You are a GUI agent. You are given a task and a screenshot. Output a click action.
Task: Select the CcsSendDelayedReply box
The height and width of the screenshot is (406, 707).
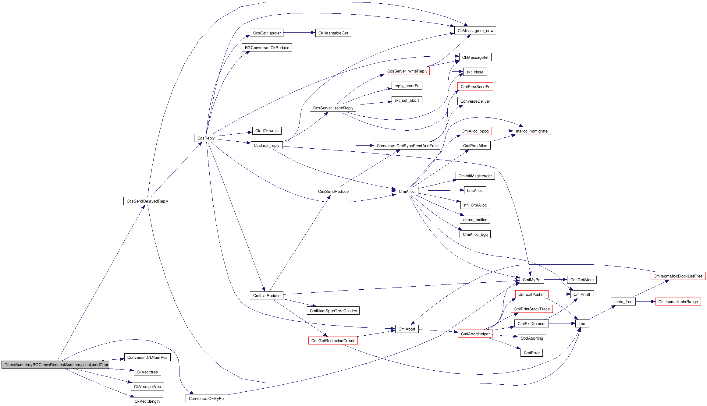click(x=147, y=201)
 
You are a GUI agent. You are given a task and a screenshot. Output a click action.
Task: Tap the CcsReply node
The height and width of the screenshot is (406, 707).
click(x=206, y=138)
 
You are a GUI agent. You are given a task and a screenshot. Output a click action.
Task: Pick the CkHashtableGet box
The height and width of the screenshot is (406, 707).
click(x=333, y=33)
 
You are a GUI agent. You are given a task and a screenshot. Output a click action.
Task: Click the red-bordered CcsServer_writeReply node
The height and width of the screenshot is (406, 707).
click(x=407, y=71)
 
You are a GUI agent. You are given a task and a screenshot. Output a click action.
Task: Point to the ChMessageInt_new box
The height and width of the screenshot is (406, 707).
click(x=475, y=30)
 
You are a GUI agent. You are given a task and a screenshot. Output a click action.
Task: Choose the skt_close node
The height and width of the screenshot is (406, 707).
click(x=475, y=72)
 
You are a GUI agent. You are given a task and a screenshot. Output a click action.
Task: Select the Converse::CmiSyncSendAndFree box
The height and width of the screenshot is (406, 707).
click(x=407, y=146)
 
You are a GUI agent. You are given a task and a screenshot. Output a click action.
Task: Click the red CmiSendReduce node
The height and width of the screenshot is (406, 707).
click(x=333, y=191)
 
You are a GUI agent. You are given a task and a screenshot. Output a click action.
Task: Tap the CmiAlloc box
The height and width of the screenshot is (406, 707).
click(x=407, y=191)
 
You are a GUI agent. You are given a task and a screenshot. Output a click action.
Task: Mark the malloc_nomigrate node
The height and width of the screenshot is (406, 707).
click(x=531, y=131)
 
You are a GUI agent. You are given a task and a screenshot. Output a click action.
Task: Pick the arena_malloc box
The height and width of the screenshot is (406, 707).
click(x=475, y=220)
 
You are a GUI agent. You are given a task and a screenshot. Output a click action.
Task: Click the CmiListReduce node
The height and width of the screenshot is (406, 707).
click(x=267, y=295)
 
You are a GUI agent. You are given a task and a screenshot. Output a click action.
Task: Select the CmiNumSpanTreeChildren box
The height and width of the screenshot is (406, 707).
click(x=334, y=311)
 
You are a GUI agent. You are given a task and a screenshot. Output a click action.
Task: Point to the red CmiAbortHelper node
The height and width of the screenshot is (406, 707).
click(x=475, y=334)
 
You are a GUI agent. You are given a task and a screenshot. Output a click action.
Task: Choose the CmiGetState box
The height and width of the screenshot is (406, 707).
click(x=582, y=280)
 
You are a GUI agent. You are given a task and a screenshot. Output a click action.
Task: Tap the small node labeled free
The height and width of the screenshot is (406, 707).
click(x=582, y=323)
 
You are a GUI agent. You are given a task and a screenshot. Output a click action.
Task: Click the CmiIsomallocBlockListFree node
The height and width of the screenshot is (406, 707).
click(x=678, y=276)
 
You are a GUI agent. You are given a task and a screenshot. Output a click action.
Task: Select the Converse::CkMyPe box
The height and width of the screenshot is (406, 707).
click(x=206, y=398)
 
